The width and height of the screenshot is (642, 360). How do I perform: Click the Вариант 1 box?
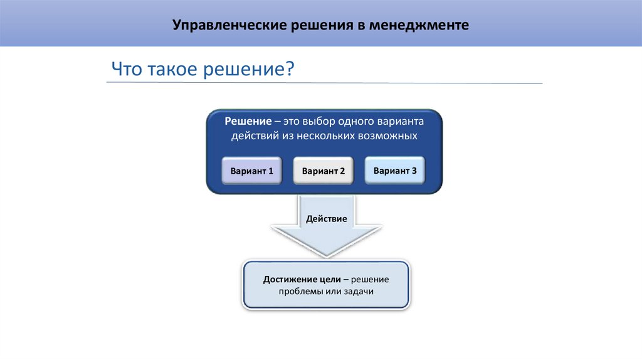click(x=251, y=171)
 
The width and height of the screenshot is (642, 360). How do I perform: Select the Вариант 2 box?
click(x=324, y=171)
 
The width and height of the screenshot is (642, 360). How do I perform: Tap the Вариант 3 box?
click(x=395, y=170)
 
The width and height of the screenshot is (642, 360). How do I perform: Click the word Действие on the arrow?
click(x=326, y=219)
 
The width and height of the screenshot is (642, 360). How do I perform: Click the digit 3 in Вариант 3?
click(x=414, y=170)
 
